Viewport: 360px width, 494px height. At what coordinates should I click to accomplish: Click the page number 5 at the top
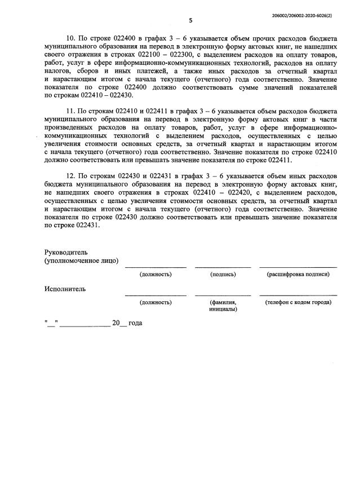190,21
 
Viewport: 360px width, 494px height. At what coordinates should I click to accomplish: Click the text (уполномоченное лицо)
81,261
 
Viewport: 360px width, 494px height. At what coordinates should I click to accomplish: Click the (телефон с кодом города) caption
298,302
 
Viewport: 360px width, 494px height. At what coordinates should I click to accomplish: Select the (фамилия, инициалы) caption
223,306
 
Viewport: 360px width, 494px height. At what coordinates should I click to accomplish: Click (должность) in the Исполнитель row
155,302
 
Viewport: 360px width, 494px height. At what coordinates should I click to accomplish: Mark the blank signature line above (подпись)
223,267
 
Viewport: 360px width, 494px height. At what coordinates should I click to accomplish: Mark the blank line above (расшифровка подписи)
298,267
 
